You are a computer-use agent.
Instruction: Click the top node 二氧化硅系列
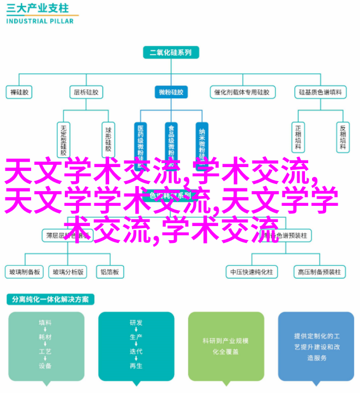point(170,53)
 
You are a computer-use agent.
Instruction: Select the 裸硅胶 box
point(20,92)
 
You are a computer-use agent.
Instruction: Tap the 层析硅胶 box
point(86,92)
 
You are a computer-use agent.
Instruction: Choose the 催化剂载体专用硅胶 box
point(240,92)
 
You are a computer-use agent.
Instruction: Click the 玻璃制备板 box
point(24,271)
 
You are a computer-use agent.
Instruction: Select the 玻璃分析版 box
point(68,271)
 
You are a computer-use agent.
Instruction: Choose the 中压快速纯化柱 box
point(252,271)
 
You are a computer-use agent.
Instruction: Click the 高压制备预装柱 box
point(319,271)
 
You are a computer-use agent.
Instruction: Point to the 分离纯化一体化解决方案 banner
point(50,300)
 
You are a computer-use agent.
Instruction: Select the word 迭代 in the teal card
point(136,351)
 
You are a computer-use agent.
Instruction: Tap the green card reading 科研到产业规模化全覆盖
point(226,346)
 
